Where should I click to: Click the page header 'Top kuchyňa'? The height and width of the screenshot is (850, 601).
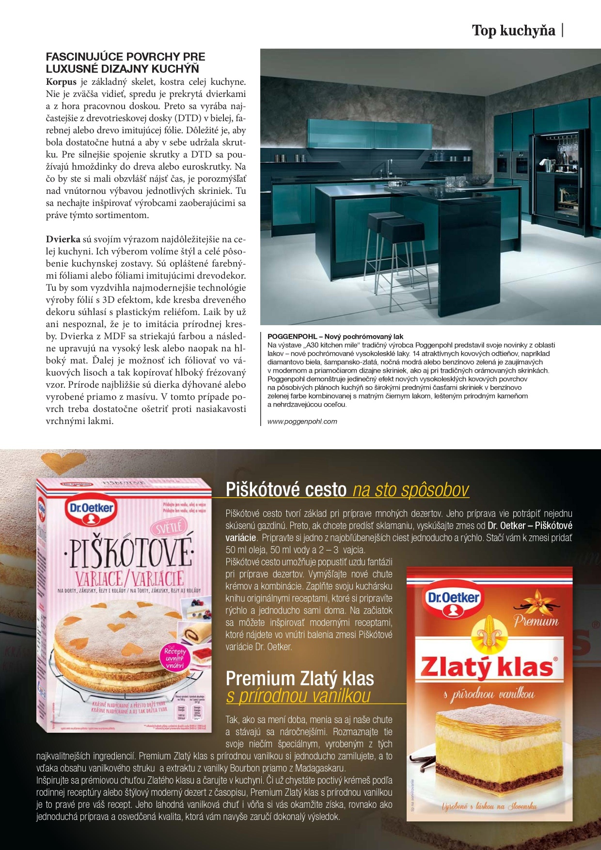[513, 31]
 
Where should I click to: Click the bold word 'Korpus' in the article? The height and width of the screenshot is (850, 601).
[61, 82]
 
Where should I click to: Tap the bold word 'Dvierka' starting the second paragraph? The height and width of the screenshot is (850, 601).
[63, 239]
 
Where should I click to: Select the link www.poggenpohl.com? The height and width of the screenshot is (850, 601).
[302, 421]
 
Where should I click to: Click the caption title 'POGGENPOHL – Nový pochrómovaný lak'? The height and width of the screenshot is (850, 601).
[335, 336]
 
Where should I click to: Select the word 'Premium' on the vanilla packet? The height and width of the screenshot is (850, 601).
[536, 621]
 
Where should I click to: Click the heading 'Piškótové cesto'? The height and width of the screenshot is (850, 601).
[286, 489]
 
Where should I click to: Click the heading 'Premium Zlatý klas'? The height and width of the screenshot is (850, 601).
[300, 678]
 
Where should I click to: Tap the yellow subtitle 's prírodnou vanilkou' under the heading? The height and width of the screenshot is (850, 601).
[298, 696]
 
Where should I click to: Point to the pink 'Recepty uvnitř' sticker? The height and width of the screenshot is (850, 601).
[175, 658]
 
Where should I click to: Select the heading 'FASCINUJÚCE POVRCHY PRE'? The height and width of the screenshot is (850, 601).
[126, 57]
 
